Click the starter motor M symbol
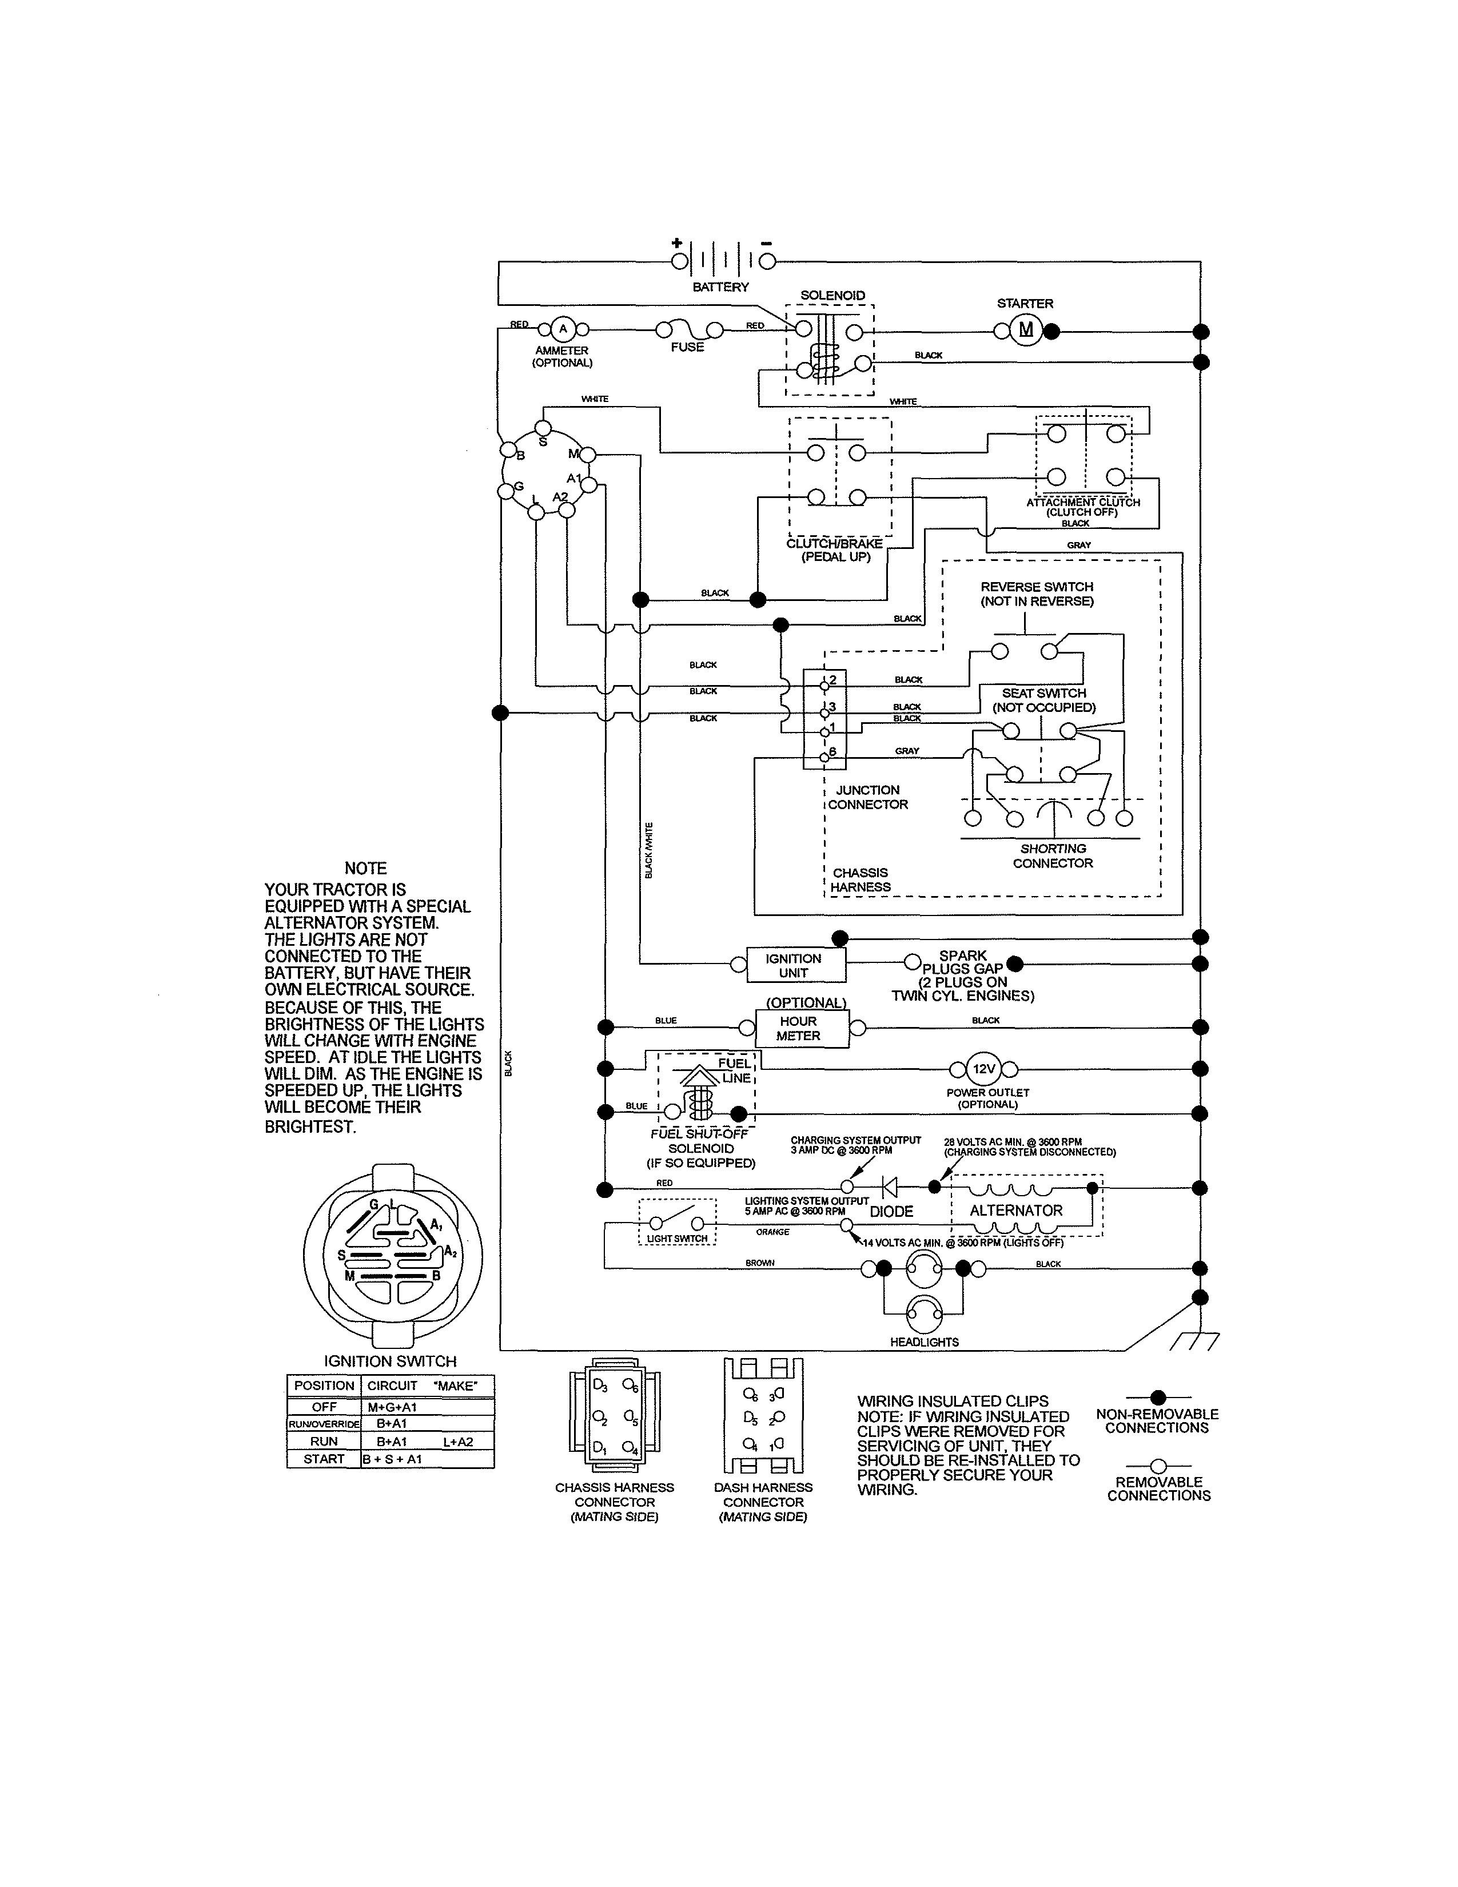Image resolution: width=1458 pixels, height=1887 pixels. (1026, 330)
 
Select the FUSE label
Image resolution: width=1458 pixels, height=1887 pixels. (687, 347)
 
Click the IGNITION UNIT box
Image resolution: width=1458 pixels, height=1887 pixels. (793, 966)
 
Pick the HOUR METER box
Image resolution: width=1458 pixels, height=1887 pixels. (798, 1028)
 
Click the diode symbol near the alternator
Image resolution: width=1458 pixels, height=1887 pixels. (888, 1187)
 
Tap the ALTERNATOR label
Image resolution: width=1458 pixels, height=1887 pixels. (1016, 1211)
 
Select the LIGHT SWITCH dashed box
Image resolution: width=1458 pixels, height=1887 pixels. (677, 1223)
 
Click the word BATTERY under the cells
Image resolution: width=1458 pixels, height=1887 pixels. (720, 287)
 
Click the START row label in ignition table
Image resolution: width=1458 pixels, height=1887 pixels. (324, 1459)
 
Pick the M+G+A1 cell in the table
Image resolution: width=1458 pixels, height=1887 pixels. (392, 1407)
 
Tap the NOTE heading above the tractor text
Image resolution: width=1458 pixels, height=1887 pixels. (365, 869)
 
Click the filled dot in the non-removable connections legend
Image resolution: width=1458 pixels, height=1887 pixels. (1158, 1397)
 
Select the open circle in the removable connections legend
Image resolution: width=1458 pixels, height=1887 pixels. (1158, 1466)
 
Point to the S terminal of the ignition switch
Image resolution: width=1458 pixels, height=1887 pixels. (543, 428)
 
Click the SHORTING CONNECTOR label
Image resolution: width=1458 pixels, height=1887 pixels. (1052, 855)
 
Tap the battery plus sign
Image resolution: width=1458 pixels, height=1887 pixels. (677, 243)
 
